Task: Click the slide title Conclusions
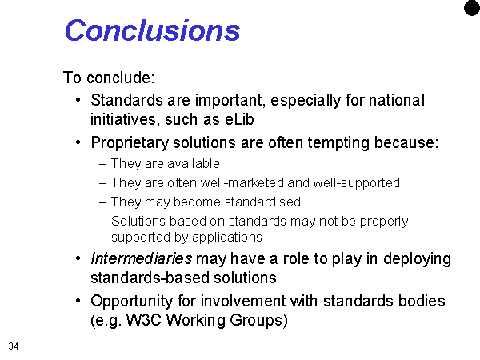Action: pyautogui.click(x=152, y=30)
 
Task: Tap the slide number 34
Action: pyautogui.click(x=14, y=346)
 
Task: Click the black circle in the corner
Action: pyautogui.click(x=472, y=8)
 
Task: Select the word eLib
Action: pyautogui.click(x=239, y=119)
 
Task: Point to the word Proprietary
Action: pyautogui.click(x=130, y=143)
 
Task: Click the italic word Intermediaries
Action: pyautogui.click(x=141, y=258)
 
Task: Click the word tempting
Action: pyautogui.click(x=338, y=143)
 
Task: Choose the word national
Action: pyautogui.click(x=397, y=100)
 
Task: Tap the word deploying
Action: pyautogui.click(x=417, y=259)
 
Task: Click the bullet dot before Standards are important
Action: pyautogui.click(x=78, y=100)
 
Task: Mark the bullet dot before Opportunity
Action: pyautogui.click(x=78, y=301)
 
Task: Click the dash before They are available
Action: pyautogui.click(x=103, y=164)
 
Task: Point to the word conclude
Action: pyautogui.click(x=118, y=78)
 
